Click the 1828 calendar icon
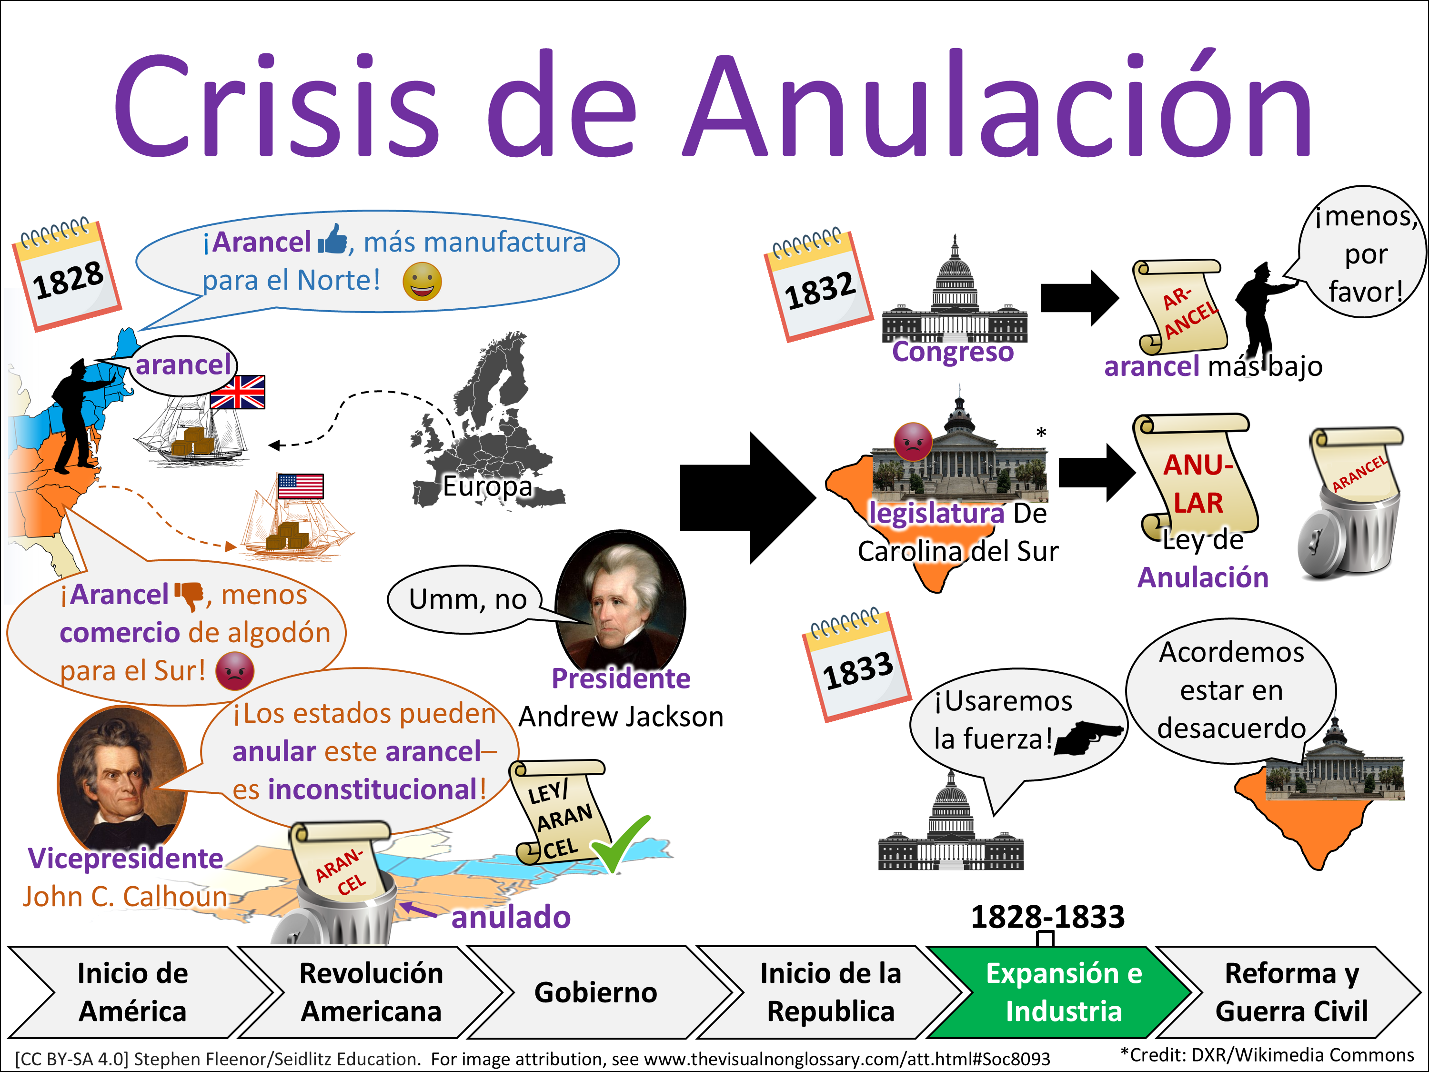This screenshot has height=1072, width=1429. (67, 276)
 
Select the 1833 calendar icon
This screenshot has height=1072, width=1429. (856, 666)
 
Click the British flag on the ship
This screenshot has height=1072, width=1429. (238, 392)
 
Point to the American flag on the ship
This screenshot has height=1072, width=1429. (301, 486)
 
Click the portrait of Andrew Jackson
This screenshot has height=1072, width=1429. (620, 598)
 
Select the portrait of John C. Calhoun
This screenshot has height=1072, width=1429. (121, 778)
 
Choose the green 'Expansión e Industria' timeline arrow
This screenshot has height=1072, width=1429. (1063, 992)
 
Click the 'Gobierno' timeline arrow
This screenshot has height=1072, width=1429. (595, 992)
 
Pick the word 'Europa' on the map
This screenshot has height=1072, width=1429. (487, 486)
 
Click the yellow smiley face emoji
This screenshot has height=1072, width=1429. (422, 282)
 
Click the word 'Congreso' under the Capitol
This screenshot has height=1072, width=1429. (952, 352)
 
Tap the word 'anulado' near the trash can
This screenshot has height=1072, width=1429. (510, 917)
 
